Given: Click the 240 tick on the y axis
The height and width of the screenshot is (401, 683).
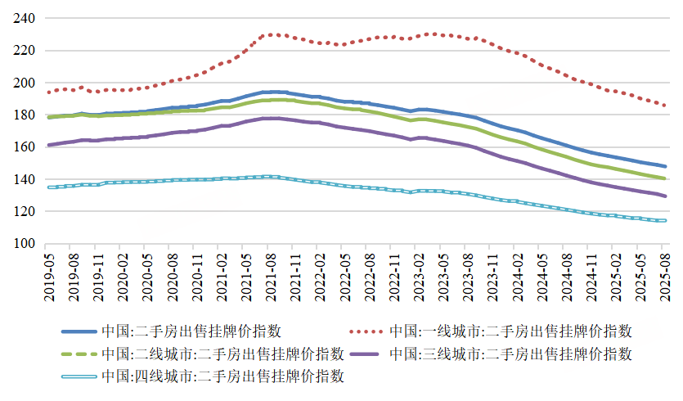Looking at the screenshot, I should [24, 18].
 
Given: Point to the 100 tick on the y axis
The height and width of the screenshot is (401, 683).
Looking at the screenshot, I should [24, 244].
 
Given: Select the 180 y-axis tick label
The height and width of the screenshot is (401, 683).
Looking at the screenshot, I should [24, 115].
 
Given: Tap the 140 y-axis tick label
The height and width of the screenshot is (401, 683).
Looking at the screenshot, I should [24, 179].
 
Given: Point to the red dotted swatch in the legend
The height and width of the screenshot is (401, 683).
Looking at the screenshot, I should [368, 331].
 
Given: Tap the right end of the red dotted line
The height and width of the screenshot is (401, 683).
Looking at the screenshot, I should [665, 106].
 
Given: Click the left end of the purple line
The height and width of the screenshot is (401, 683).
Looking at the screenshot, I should [48, 145].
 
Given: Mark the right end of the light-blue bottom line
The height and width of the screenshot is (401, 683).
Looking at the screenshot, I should [665, 221].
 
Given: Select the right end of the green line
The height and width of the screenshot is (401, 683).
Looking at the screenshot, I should [665, 178].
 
